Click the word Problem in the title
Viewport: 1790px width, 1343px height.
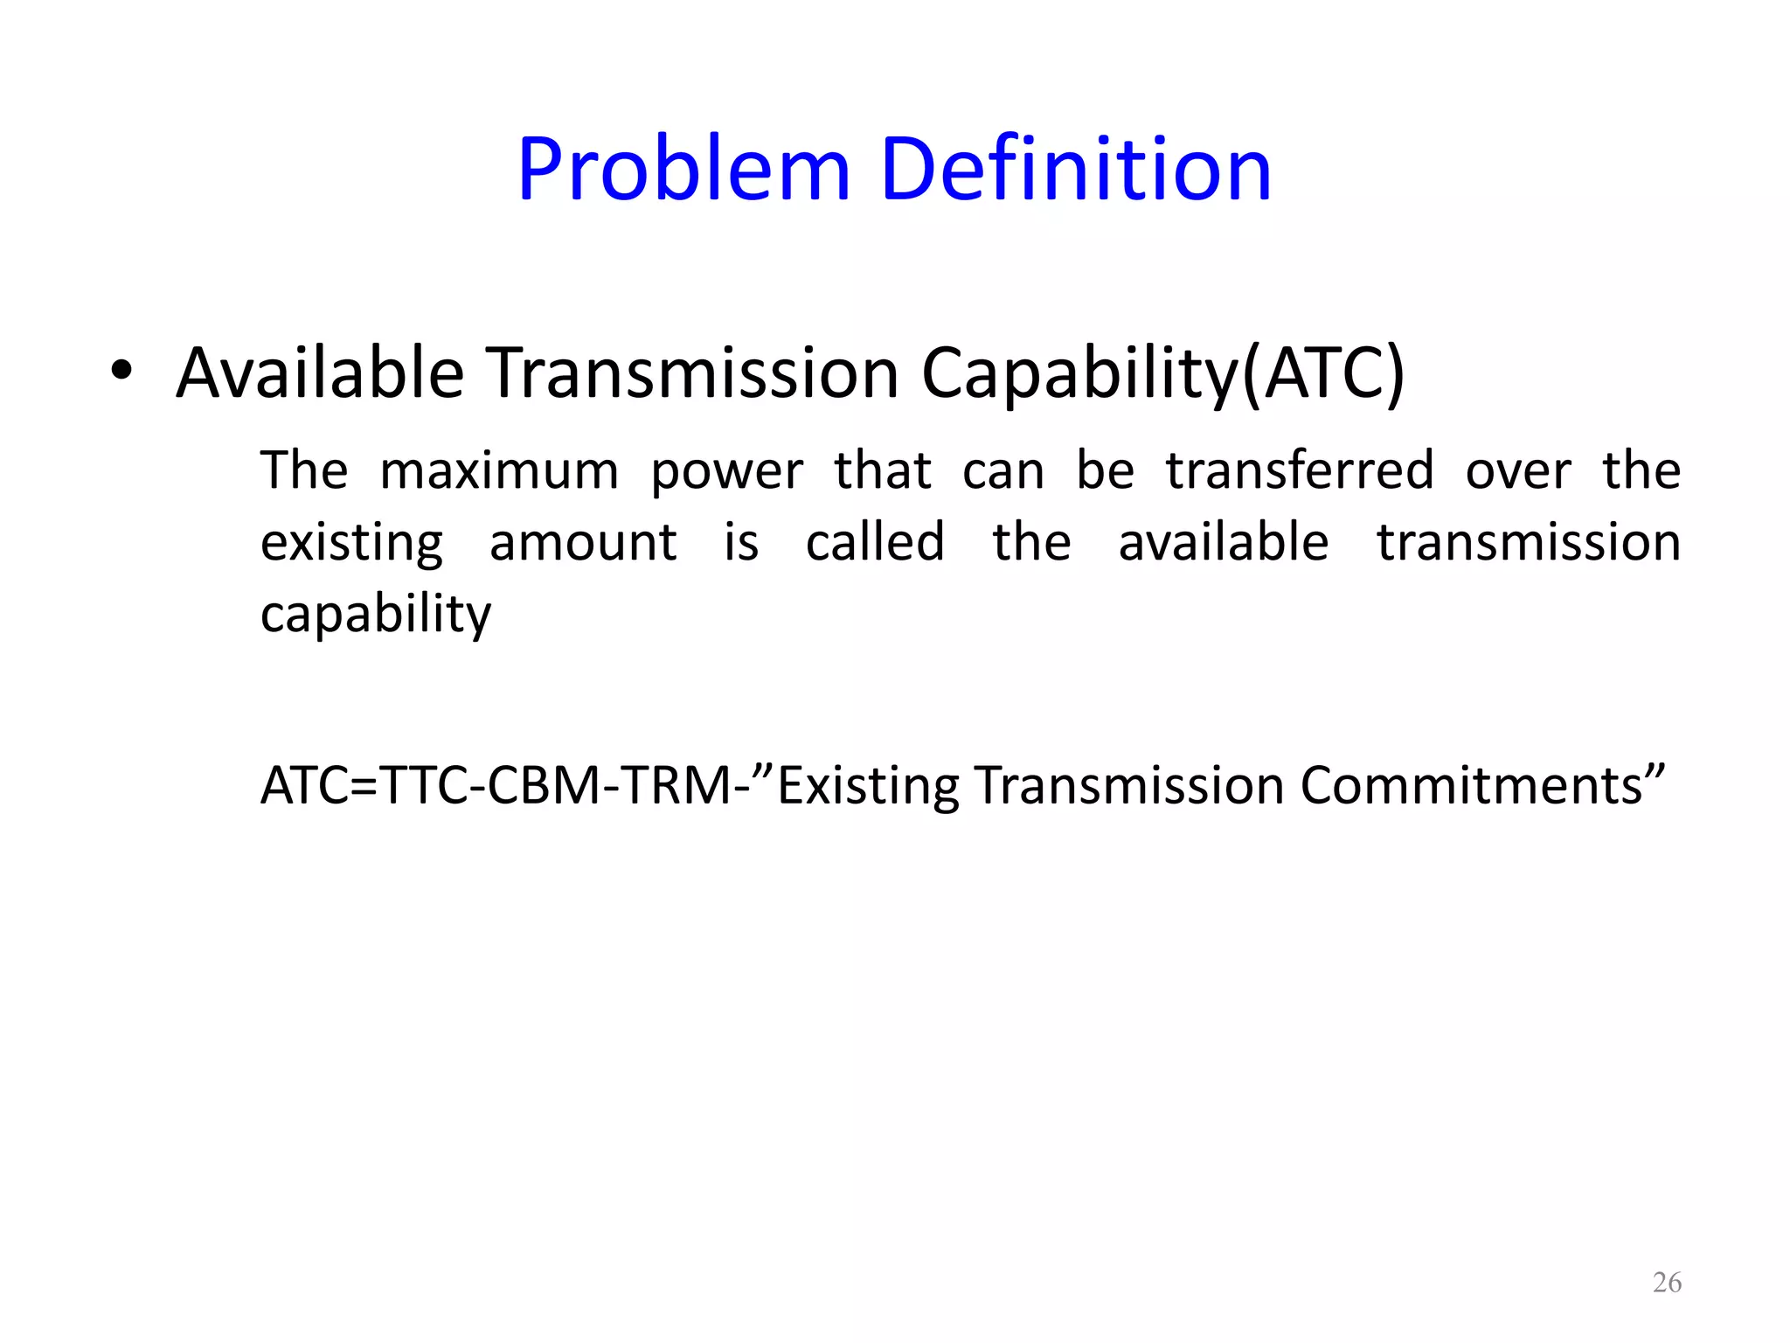pyautogui.click(x=683, y=170)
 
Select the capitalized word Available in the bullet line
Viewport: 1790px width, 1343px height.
pyautogui.click(x=320, y=373)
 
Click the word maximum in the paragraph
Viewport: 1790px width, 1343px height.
pyautogui.click(x=499, y=471)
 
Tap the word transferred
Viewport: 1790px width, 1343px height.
pyautogui.click(x=1300, y=470)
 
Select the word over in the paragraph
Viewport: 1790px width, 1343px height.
pyautogui.click(x=1518, y=471)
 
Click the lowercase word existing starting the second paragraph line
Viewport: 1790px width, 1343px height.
pyautogui.click(x=352, y=543)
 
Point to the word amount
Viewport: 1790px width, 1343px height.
pyautogui.click(x=583, y=542)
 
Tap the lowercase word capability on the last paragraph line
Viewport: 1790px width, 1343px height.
pyautogui.click(x=376, y=615)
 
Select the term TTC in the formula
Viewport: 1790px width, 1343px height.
pyautogui.click(x=425, y=785)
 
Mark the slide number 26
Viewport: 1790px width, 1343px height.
pyautogui.click(x=1667, y=1283)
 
